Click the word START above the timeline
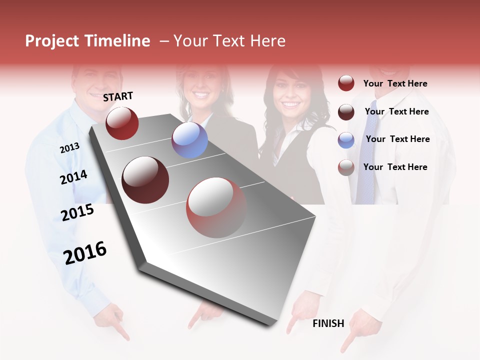pos(118,96)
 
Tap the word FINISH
pos(328,323)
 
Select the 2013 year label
pos(69,148)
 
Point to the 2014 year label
pos(73,177)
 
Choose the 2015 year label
pos(77,213)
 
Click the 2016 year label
pos(85,253)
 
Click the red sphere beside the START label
pos(122,123)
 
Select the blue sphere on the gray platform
pos(189,140)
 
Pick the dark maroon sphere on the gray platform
pos(145,179)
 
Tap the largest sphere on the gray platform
pos(216,207)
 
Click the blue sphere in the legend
pos(346,140)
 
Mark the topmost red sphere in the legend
pos(346,83)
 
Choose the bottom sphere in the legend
pos(346,167)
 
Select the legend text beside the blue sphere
pos(397,139)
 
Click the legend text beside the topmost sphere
pos(395,83)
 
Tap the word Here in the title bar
pos(267,41)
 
